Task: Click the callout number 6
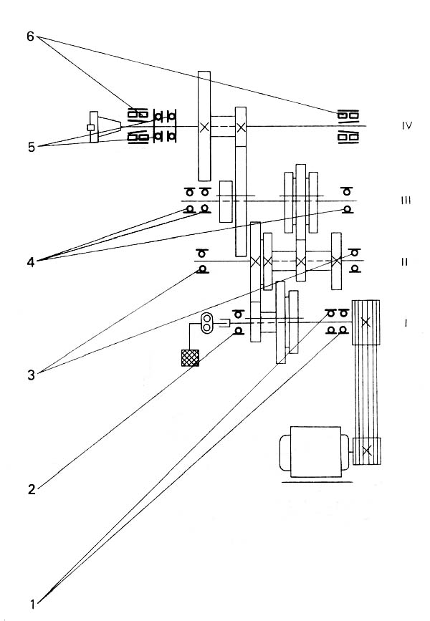[x=31, y=37]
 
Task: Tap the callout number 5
[x=32, y=148]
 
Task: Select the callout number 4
[x=31, y=261]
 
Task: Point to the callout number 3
[x=32, y=375]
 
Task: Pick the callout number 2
[x=32, y=489]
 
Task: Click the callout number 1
[x=32, y=605]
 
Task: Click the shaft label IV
[x=407, y=126]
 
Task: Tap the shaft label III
[x=406, y=201]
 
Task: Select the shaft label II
[x=405, y=262]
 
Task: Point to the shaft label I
[x=406, y=323]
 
